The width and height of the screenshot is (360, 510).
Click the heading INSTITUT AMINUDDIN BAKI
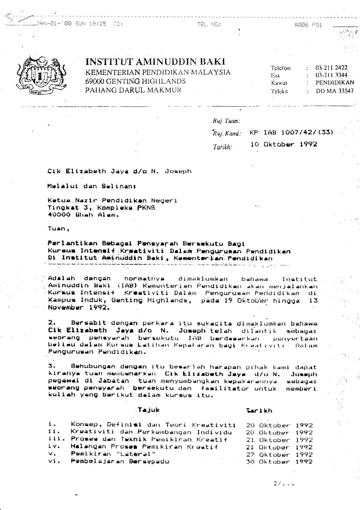158,62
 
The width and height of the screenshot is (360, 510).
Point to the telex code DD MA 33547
335,91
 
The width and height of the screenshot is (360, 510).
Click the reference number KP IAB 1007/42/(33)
291,132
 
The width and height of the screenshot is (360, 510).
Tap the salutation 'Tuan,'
56,228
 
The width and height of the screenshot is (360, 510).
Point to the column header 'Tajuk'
149,411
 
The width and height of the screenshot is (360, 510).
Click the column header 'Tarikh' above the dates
260,411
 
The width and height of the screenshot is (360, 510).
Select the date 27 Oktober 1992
279,454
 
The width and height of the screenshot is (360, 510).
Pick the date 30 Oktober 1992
279,461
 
